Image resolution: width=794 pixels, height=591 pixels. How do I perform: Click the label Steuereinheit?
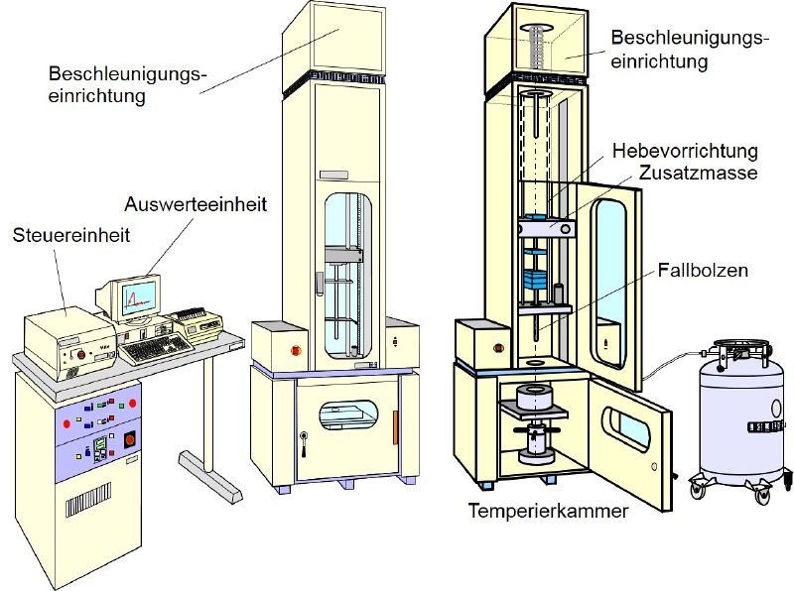(x=71, y=235)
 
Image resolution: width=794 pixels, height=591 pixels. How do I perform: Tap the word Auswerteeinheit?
(x=196, y=204)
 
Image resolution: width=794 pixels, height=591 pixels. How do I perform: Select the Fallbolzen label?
(x=703, y=270)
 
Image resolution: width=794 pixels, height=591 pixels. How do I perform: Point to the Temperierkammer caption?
(x=548, y=511)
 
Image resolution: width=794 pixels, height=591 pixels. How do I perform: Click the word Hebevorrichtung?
(x=685, y=152)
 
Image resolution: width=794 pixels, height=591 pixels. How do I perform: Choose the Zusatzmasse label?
(x=698, y=173)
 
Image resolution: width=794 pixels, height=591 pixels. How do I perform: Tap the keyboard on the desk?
(x=156, y=348)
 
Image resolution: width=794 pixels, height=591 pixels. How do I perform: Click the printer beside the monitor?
(x=197, y=324)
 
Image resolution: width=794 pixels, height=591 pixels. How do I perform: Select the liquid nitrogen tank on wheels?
(x=740, y=421)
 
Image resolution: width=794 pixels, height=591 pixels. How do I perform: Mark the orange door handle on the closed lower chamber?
(x=395, y=427)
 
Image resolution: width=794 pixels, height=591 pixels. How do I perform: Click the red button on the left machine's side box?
(x=295, y=350)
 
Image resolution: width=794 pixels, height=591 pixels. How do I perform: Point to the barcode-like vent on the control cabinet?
(x=88, y=500)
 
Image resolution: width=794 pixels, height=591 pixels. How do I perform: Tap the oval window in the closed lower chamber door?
(x=348, y=414)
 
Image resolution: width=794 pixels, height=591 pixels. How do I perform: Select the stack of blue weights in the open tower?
(x=536, y=279)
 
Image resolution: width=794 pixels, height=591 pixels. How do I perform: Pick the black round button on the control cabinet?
(x=130, y=439)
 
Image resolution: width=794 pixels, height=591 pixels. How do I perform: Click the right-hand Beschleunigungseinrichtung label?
(x=689, y=50)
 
